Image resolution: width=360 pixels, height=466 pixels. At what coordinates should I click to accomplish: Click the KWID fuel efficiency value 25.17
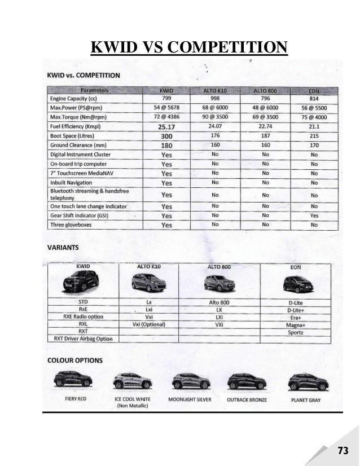click(166, 126)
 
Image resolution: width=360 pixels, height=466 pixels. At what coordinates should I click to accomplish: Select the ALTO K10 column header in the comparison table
click(215, 90)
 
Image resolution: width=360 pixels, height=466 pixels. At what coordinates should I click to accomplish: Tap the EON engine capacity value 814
click(314, 98)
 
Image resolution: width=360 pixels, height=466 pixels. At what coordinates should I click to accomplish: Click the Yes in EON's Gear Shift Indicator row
click(314, 215)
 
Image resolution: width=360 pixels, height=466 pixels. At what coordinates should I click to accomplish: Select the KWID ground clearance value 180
click(166, 146)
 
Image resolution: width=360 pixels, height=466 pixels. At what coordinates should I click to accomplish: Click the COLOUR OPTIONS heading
click(74, 360)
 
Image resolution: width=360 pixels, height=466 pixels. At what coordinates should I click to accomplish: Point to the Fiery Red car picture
click(72, 381)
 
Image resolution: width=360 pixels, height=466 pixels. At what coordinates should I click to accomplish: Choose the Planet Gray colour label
click(307, 399)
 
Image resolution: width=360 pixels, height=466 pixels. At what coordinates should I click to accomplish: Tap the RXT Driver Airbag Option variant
click(83, 338)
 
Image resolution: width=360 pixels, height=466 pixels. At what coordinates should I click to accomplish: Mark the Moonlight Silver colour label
click(190, 399)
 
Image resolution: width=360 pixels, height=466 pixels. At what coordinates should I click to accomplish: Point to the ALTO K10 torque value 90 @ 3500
click(215, 117)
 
